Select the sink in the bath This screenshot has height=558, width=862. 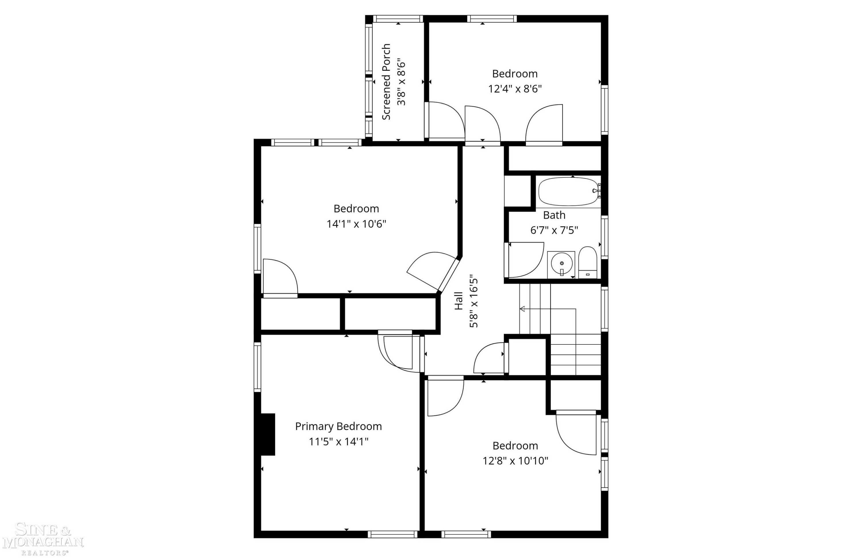[x=561, y=264]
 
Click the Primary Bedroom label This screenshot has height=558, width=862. [x=338, y=426]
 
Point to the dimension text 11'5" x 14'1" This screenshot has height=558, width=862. [x=338, y=442]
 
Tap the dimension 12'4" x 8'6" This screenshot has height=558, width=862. [x=515, y=89]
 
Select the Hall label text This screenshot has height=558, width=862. [x=459, y=301]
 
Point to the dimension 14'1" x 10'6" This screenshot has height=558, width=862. [x=356, y=224]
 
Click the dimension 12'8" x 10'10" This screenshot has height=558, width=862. [x=515, y=461]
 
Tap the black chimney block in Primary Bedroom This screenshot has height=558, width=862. [x=268, y=434]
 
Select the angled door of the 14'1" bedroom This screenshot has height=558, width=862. [x=449, y=274]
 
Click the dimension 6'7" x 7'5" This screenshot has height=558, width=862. [x=554, y=230]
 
